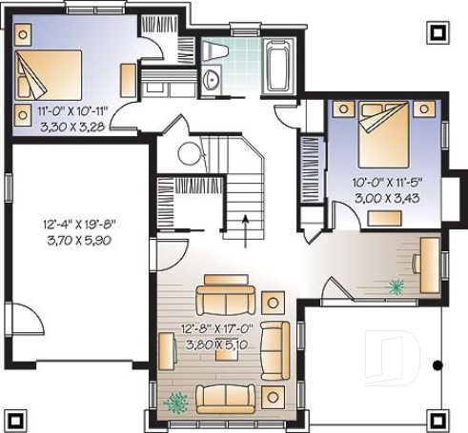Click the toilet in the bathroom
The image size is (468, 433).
click(215, 50)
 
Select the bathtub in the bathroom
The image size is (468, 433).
click(282, 65)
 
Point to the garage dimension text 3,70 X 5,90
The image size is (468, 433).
click(80, 241)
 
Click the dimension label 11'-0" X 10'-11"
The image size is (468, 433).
click(60, 110)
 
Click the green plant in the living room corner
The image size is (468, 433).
click(174, 403)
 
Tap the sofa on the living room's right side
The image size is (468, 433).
click(275, 347)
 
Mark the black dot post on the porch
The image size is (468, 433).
click(437, 364)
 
